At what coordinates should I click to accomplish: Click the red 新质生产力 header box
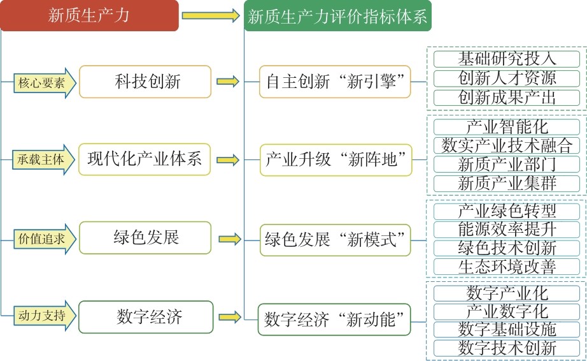(89, 16)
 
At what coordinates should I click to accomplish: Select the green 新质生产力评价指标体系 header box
(337, 16)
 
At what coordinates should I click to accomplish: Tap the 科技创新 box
(145, 82)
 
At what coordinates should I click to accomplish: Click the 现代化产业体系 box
(145, 159)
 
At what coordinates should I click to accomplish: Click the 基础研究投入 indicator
(507, 59)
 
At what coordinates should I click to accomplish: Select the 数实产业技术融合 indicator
(507, 145)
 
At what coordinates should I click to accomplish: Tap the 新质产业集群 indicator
(507, 183)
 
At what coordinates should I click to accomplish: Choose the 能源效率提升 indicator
(507, 229)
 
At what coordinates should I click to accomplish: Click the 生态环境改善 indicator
(507, 267)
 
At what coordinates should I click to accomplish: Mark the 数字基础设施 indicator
(507, 329)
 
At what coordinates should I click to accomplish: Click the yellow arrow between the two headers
(210, 15)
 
